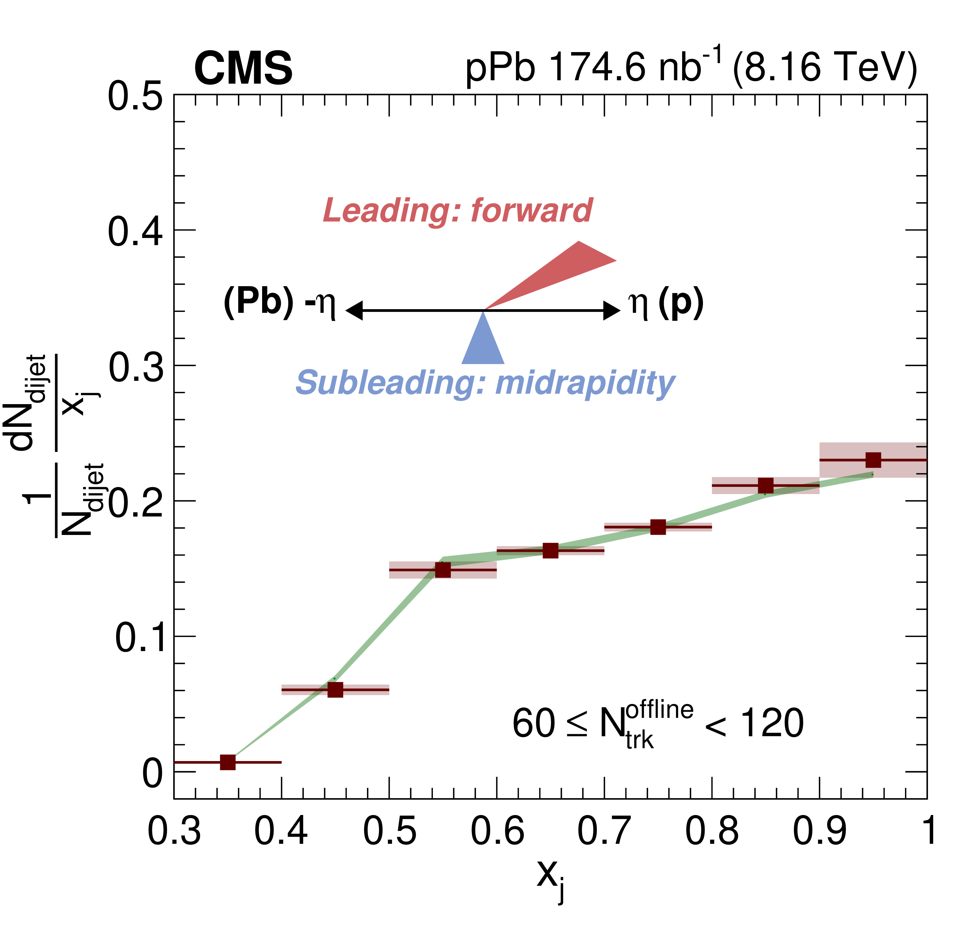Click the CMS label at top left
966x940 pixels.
click(x=243, y=69)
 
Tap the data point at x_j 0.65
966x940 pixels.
click(x=551, y=551)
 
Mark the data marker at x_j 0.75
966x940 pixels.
click(x=658, y=527)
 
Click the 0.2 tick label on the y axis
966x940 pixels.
click(x=135, y=501)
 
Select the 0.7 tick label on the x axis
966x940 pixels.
click(x=604, y=832)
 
